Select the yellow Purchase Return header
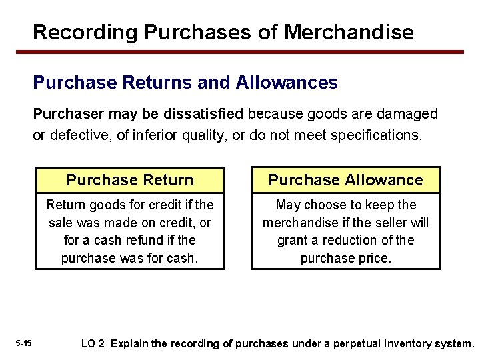coord(130,180)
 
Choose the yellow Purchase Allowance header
coord(345,180)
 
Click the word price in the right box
coord(374,257)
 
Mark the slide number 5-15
coord(23,344)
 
